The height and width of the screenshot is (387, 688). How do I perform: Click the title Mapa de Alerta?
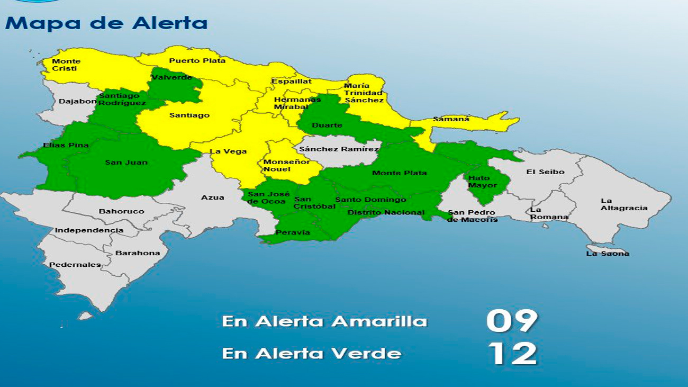tap(106, 23)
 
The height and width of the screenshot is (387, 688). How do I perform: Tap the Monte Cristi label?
tap(65, 65)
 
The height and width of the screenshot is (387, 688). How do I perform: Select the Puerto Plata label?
tap(197, 61)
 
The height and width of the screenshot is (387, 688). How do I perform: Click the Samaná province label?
tap(451, 119)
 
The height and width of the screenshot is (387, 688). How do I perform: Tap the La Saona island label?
tap(608, 254)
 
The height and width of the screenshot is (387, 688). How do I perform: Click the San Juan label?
tap(126, 163)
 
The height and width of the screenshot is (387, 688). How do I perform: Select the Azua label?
tap(212, 197)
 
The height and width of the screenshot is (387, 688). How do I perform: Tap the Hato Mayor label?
tap(482, 182)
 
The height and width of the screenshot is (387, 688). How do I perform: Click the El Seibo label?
tap(545, 172)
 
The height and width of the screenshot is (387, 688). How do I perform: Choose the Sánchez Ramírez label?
tap(339, 149)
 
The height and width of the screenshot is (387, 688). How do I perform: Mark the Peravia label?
tap(293, 232)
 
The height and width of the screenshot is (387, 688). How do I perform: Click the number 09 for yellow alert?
tap(512, 320)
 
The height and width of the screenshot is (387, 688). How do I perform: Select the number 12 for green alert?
tap(512, 354)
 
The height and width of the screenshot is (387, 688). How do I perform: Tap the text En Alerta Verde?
tap(311, 353)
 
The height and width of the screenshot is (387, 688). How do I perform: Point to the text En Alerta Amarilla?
tap(324, 321)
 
